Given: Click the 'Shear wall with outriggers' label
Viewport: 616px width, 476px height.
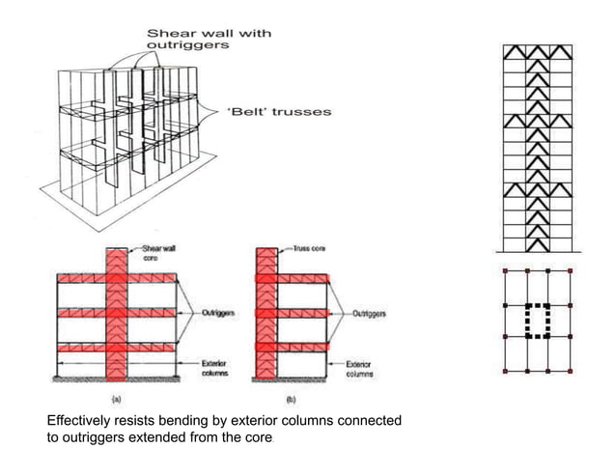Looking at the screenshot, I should click(208, 40).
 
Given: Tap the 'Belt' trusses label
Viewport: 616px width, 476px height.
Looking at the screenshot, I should click(278, 112).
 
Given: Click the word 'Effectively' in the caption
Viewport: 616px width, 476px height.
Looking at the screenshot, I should click(81, 422).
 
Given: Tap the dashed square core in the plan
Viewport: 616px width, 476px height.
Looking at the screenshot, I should click(536, 321).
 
